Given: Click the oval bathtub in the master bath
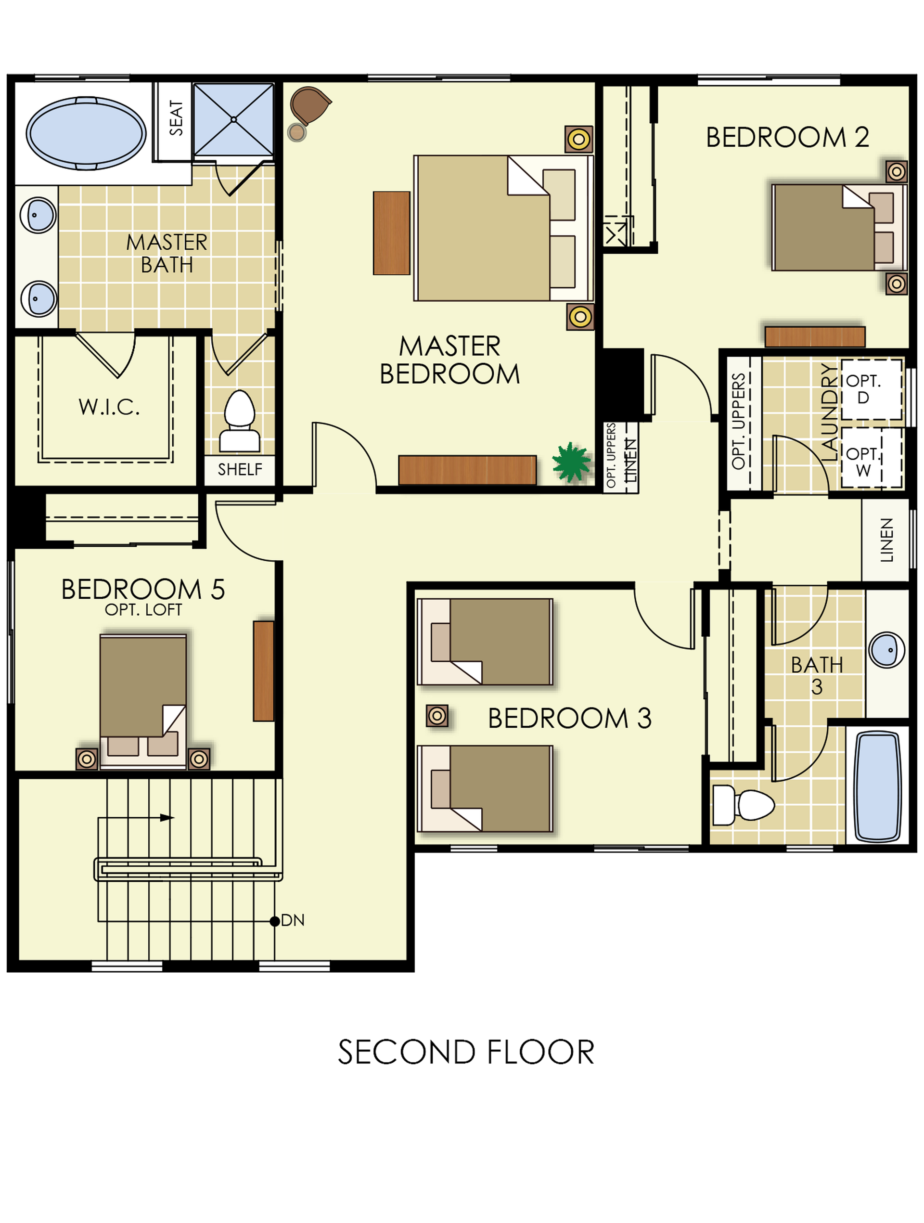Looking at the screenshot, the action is coord(86,133).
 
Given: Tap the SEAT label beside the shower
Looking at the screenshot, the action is coord(176,118).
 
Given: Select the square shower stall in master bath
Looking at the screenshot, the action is coord(233,119).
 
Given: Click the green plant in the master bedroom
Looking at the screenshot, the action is coord(571,462).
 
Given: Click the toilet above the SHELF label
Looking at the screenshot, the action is coord(240,421).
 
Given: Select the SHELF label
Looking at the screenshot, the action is coord(240,469).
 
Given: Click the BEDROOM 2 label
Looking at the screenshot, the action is coord(787,137).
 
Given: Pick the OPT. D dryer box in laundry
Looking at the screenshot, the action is coord(871,389).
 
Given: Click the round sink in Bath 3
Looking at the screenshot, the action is coord(886,650).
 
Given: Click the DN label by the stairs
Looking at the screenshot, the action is coord(293,920).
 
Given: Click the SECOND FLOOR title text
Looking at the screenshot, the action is coord(466,1052).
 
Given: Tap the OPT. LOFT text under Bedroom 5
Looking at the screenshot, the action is coord(143,610).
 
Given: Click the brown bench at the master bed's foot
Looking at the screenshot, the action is coord(392,233).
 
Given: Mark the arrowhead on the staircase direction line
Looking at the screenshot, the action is coord(167,817).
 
